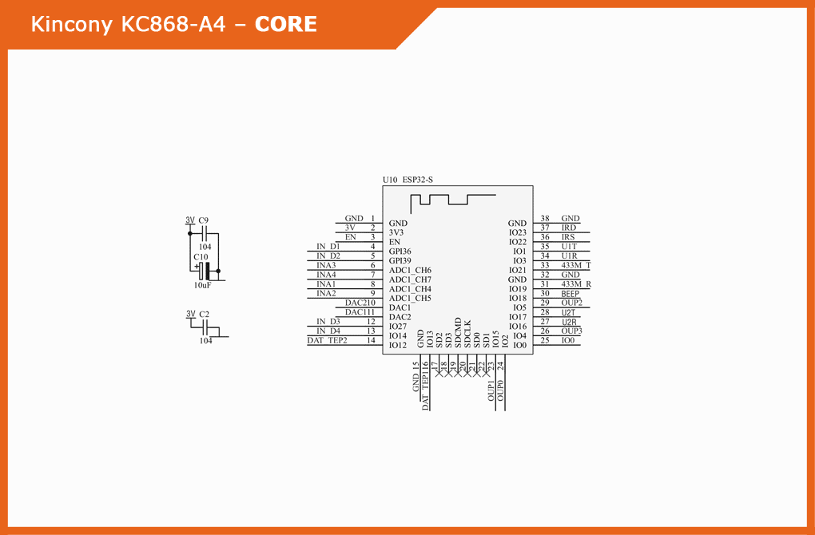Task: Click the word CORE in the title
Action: tap(285, 25)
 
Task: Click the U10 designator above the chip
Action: tap(390, 180)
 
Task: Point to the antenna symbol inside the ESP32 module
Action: tap(452, 199)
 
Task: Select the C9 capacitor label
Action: tap(204, 220)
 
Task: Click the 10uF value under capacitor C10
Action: tap(202, 285)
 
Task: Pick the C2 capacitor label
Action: tap(204, 315)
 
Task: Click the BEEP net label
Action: tap(570, 294)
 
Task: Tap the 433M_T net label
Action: tap(575, 265)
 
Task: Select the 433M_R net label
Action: tap(575, 284)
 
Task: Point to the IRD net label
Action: tap(568, 228)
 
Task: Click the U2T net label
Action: tap(568, 312)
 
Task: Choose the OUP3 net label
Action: tap(571, 331)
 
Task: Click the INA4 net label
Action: tap(326, 275)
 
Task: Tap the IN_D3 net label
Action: tap(328, 321)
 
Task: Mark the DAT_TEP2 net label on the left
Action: tap(327, 340)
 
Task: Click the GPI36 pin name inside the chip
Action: tap(400, 252)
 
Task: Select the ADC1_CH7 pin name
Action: tap(410, 279)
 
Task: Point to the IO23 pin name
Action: tap(518, 232)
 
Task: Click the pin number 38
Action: tap(545, 218)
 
